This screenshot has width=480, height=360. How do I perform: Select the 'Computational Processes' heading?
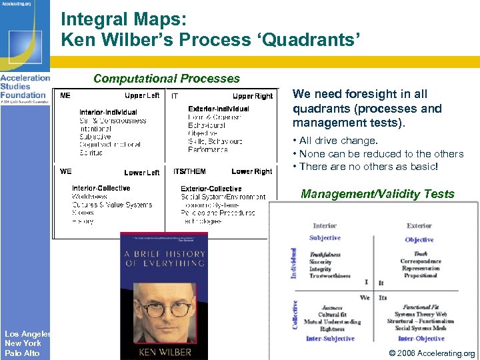click(x=166, y=79)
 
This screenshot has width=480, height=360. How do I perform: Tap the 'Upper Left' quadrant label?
click(x=141, y=96)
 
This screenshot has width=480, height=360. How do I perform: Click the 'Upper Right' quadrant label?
click(x=252, y=96)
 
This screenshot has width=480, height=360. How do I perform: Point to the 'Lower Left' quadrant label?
click(x=141, y=173)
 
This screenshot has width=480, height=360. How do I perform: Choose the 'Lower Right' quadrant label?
click(x=251, y=172)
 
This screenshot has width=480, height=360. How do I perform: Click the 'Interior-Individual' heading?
click(x=108, y=112)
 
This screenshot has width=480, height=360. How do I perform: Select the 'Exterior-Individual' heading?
click(x=218, y=109)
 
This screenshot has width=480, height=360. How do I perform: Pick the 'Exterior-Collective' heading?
click(x=211, y=189)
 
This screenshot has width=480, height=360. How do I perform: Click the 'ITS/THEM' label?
click(x=189, y=172)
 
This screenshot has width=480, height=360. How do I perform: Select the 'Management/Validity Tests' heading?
click(x=377, y=194)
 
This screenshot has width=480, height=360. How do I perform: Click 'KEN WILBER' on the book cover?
click(x=163, y=351)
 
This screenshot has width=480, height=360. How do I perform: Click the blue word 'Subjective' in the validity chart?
click(x=325, y=237)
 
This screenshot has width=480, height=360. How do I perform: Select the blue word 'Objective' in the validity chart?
click(x=419, y=239)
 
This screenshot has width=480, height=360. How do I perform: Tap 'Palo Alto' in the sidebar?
click(x=22, y=353)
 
